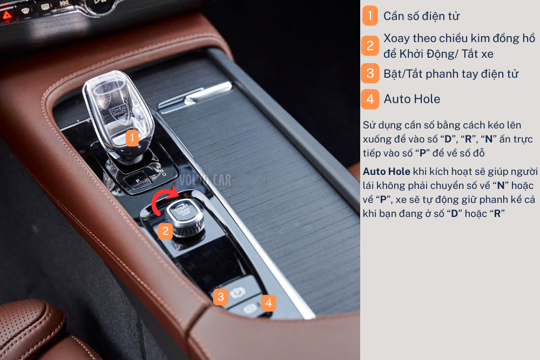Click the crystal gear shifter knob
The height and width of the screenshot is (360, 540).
pos(118,117)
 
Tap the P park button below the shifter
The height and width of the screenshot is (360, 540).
pos(138,181)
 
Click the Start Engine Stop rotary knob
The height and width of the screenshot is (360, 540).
pos(185,219)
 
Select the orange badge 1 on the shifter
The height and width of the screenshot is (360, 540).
pos(132,138)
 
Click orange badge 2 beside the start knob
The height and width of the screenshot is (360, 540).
pos(165,231)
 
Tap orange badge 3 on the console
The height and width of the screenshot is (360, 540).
pos(221,297)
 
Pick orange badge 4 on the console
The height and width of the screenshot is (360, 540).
pos(268,303)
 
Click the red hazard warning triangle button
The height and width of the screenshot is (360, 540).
pos(7,15)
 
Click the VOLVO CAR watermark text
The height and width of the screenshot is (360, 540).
pos(205,180)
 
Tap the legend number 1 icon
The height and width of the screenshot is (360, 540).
pos(370,16)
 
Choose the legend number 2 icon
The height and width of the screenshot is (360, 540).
pos(370,45)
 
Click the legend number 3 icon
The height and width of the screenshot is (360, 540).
pos(370,73)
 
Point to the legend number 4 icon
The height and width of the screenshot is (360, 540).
pos(370,99)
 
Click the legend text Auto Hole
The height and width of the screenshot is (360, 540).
pos(412,99)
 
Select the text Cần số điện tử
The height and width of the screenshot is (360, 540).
pos(422,16)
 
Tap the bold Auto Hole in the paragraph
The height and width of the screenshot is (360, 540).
pos(387,172)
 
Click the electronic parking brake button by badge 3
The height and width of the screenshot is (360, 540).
pos(238,293)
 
